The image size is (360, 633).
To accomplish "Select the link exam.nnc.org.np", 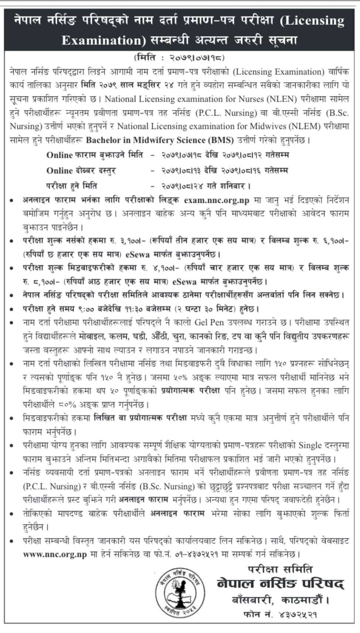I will [217, 200].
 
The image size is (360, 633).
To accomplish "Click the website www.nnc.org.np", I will [55, 555].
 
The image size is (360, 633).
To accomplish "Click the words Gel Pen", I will [209, 322].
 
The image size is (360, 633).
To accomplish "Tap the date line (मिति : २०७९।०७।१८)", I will [179, 58].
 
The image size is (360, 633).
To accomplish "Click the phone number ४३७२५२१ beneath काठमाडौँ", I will [298, 615].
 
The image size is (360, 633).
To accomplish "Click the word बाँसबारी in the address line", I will [253, 600].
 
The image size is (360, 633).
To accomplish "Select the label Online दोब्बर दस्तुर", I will [81, 170].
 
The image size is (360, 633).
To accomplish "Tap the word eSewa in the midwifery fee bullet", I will [184, 282].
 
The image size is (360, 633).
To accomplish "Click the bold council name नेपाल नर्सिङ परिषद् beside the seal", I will [280, 584].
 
